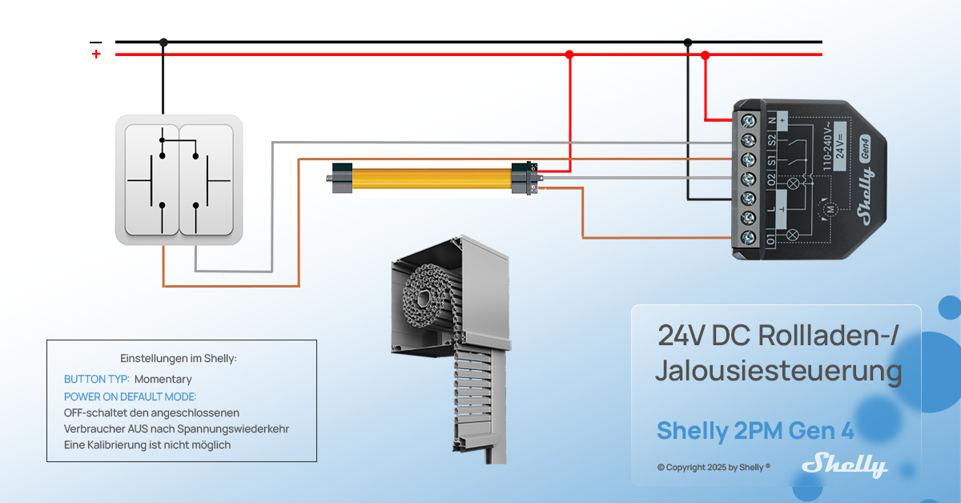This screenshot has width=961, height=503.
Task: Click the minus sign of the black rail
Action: click(x=96, y=42)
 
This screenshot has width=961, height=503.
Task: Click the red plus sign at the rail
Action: click(x=96, y=54)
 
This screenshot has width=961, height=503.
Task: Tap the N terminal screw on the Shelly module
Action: click(x=749, y=121)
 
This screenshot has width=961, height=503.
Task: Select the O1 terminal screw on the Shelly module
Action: click(x=749, y=237)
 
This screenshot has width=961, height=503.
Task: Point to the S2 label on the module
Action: click(x=771, y=140)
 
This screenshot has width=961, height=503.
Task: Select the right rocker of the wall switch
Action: click(x=207, y=179)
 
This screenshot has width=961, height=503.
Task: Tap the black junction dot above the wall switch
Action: click(x=163, y=42)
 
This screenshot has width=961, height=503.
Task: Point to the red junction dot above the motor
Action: click(x=569, y=54)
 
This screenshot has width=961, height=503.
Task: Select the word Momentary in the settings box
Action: click(x=163, y=379)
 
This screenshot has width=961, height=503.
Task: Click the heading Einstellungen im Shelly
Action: click(x=179, y=358)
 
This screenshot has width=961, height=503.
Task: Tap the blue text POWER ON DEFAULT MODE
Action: click(x=130, y=396)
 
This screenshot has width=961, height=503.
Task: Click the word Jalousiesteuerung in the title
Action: click(x=778, y=372)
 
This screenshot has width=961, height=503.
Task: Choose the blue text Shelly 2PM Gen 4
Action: click(x=755, y=431)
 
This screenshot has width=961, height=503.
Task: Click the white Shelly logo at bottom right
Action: click(x=845, y=465)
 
